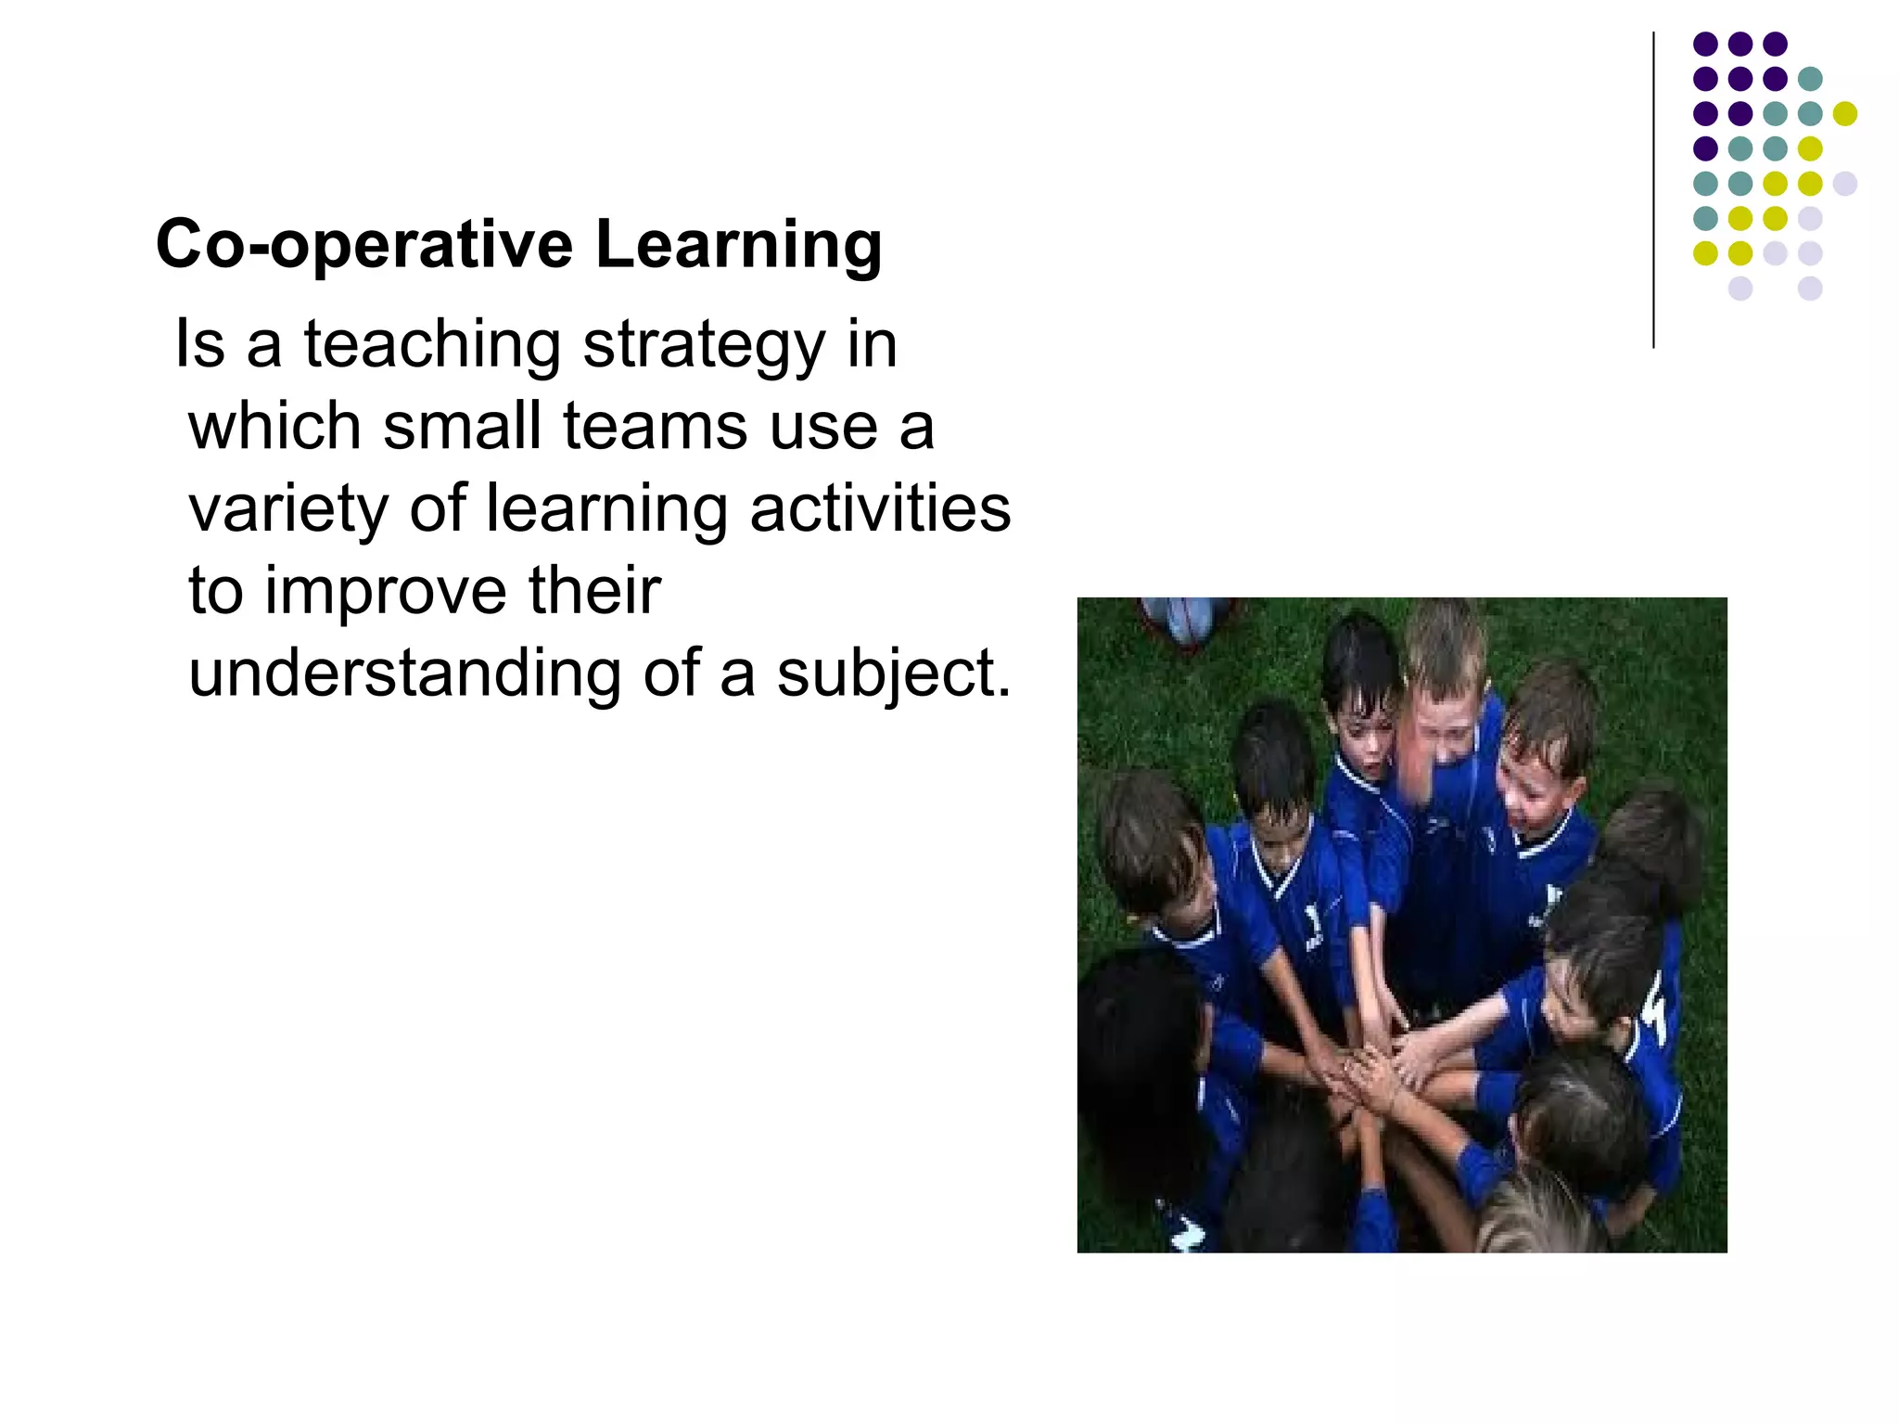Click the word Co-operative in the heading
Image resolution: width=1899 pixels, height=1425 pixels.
point(364,245)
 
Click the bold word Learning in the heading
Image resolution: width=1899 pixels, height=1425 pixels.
point(738,245)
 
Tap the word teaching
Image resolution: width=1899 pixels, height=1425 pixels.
point(432,345)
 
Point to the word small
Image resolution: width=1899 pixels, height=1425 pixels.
point(462,427)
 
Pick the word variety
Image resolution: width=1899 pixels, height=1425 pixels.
point(287,510)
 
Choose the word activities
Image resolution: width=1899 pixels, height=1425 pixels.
point(880,508)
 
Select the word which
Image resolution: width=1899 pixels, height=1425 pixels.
point(274,427)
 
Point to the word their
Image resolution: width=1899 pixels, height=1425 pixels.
point(594,590)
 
